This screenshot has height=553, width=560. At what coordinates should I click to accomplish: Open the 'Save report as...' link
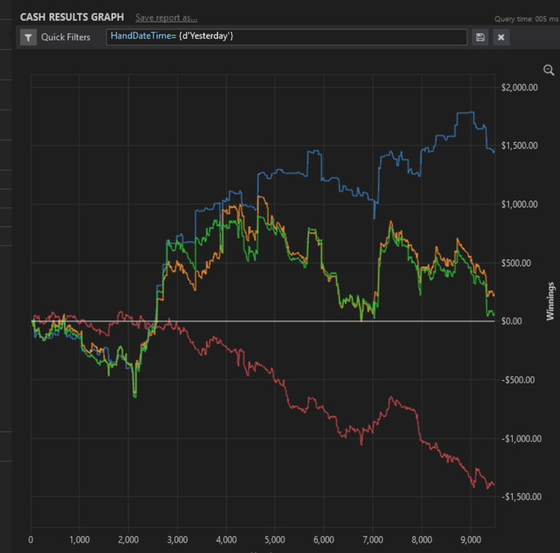click(x=166, y=18)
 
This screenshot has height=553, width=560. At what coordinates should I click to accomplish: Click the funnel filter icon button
click(x=28, y=37)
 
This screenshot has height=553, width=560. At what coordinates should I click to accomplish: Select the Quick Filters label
click(x=66, y=37)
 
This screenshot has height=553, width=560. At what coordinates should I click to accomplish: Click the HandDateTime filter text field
click(x=286, y=37)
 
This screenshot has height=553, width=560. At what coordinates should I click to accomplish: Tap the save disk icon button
click(x=480, y=37)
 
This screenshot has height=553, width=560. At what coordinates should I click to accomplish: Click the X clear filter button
click(x=501, y=37)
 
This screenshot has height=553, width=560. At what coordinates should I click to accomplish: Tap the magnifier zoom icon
click(x=549, y=70)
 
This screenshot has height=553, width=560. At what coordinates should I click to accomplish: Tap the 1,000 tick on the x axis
click(x=79, y=539)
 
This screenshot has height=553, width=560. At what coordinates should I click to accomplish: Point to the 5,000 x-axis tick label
click(x=275, y=539)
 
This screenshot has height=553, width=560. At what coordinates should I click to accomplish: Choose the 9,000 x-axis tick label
click(x=470, y=539)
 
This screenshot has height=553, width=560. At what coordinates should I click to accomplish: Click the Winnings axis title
click(x=550, y=300)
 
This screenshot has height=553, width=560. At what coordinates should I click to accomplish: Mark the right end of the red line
click(x=494, y=485)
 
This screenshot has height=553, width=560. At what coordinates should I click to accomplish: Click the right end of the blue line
click(x=494, y=150)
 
